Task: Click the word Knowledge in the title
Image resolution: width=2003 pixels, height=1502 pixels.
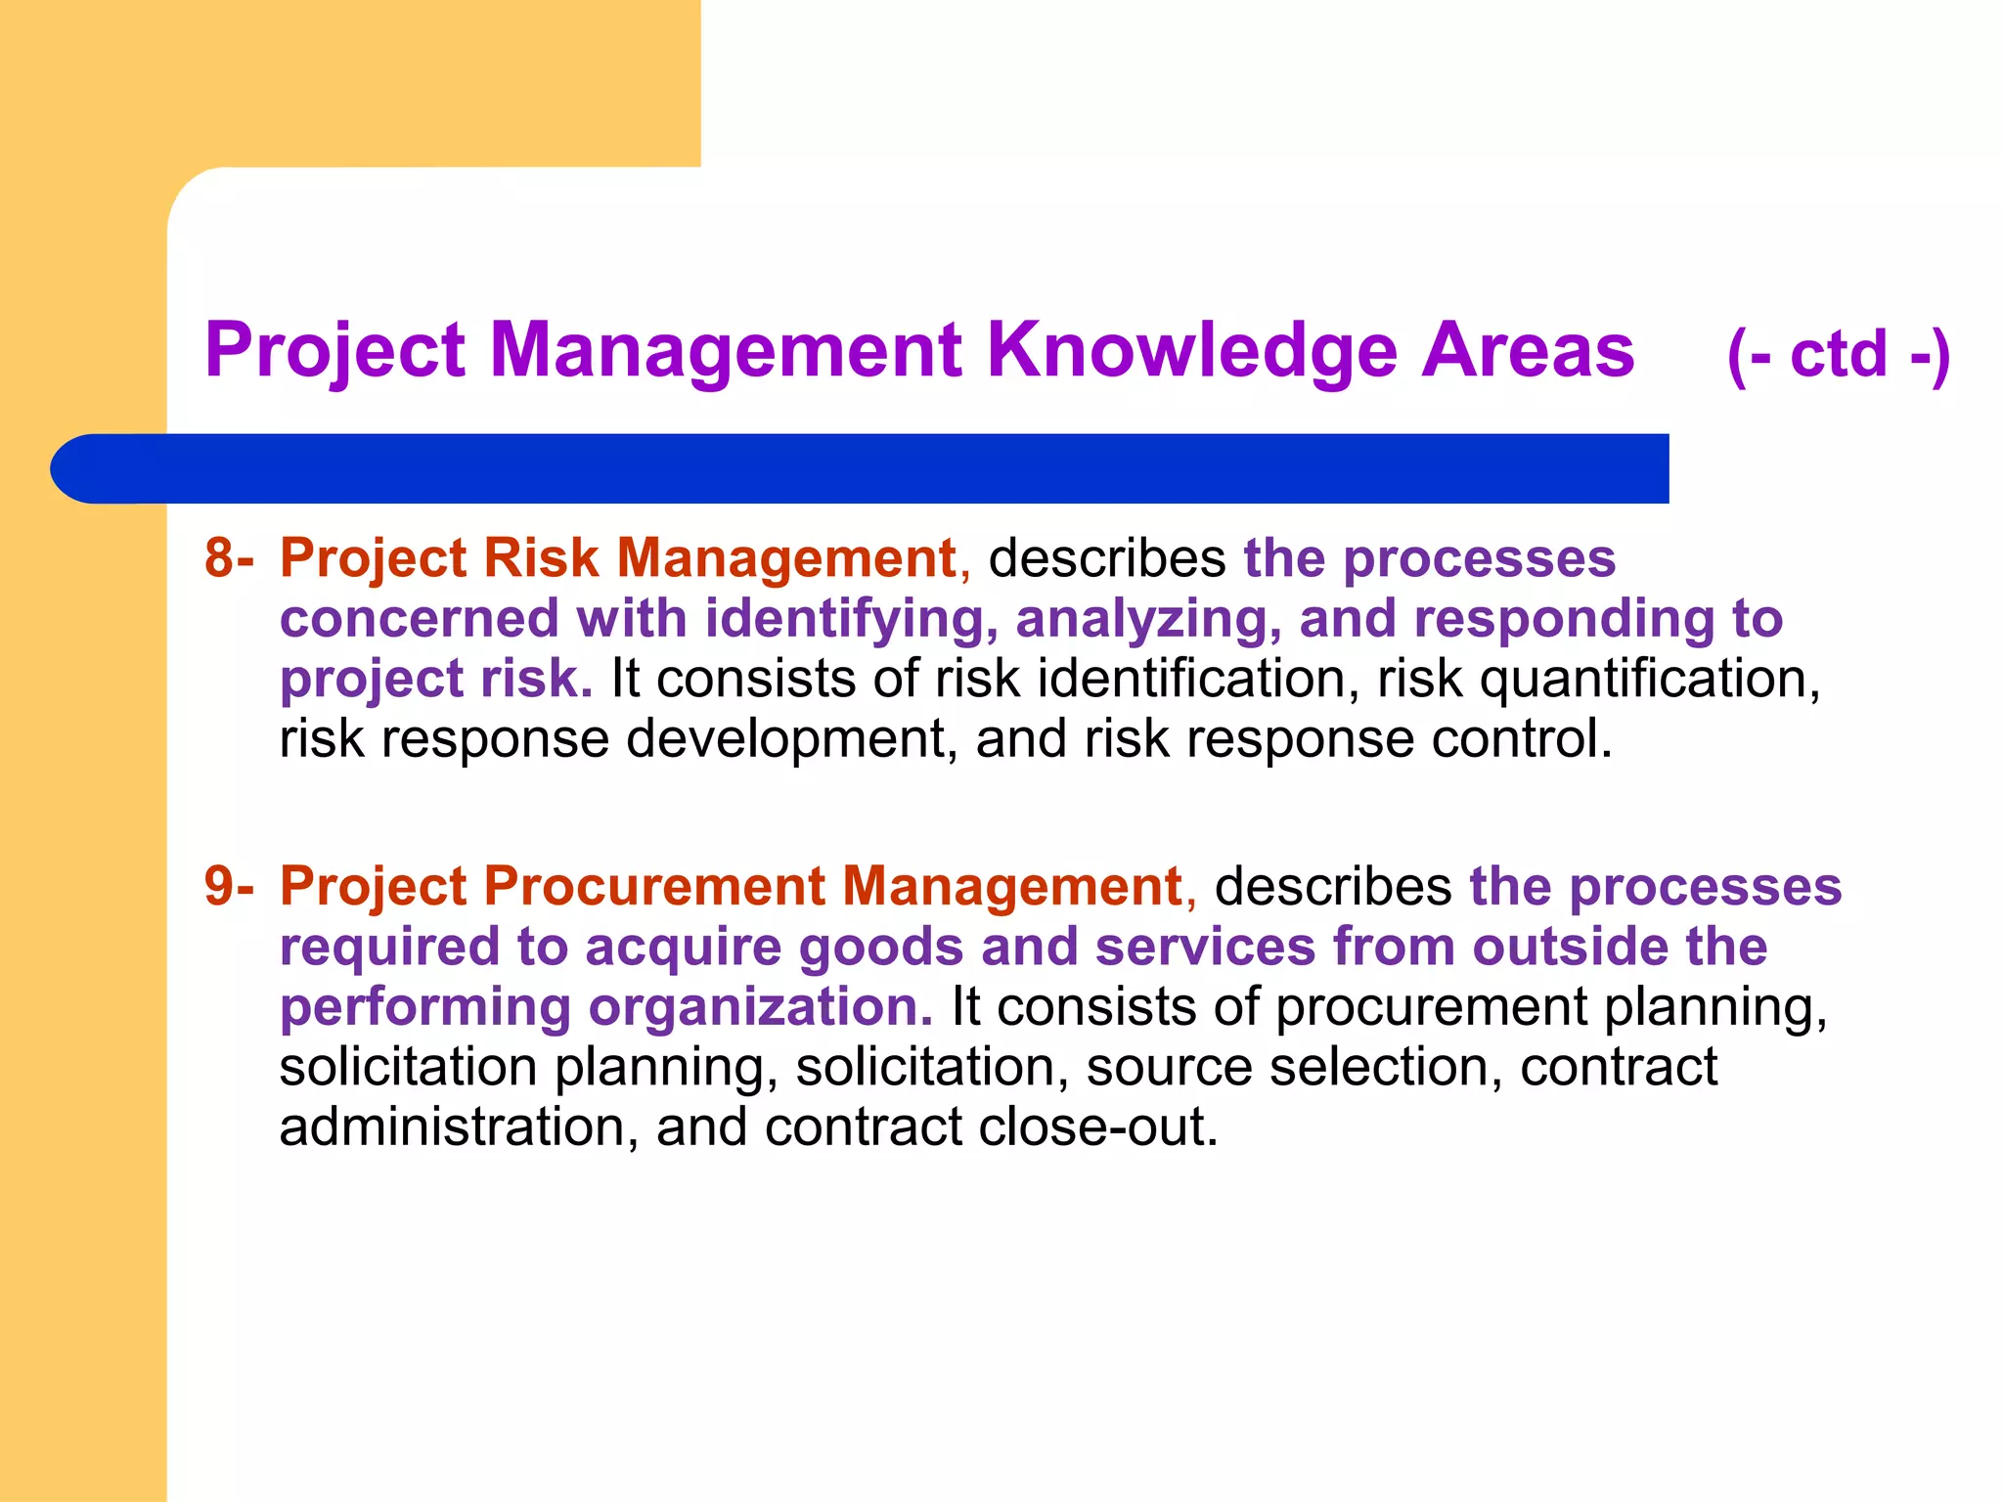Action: pyautogui.click(x=1193, y=350)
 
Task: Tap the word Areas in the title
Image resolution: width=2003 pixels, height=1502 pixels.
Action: pyautogui.click(x=1527, y=350)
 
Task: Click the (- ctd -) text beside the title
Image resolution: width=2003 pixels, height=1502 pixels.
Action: pyautogui.click(x=1839, y=354)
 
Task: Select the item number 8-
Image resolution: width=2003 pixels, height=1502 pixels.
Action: pyautogui.click(x=229, y=558)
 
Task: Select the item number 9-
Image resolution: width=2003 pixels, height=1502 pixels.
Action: pyautogui.click(x=229, y=887)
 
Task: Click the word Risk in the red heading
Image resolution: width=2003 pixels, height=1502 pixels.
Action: pyautogui.click(x=540, y=558)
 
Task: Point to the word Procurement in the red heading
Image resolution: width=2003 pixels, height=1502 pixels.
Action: pyautogui.click(x=654, y=887)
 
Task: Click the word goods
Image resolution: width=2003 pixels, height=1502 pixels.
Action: pyautogui.click(x=881, y=948)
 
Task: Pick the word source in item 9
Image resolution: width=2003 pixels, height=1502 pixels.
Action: pyautogui.click(x=1169, y=1067)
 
